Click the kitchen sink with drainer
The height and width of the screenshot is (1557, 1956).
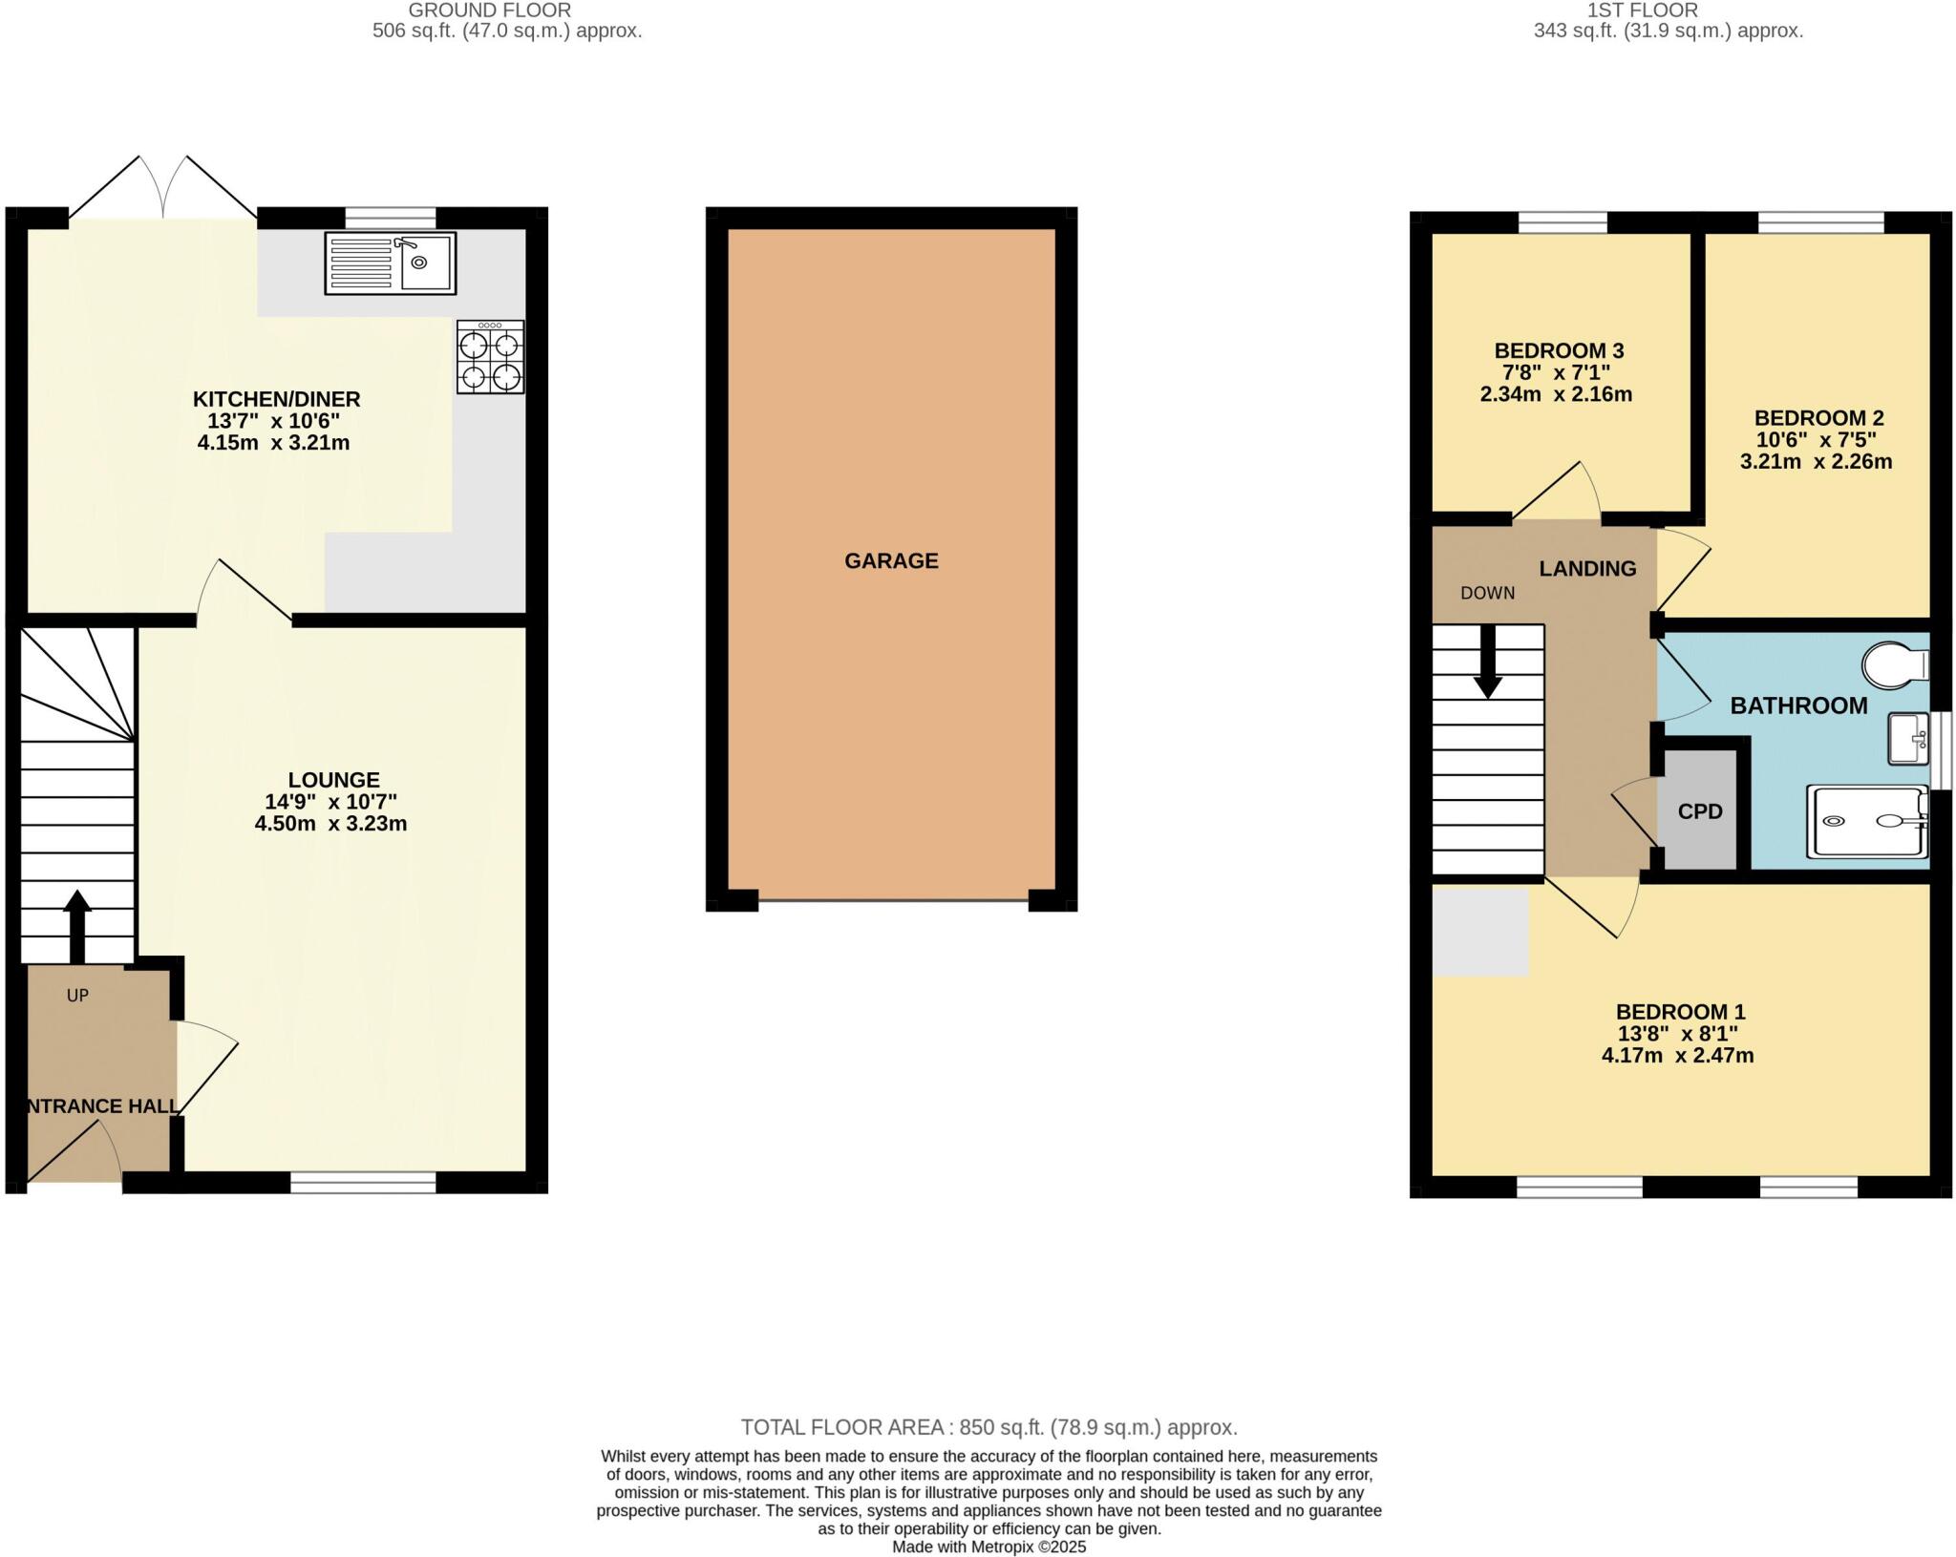[390, 263]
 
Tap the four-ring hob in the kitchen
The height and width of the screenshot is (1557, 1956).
[490, 357]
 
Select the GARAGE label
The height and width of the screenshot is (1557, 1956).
[891, 560]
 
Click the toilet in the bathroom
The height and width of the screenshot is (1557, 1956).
[1895, 664]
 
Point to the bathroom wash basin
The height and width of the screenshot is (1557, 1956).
[1907, 739]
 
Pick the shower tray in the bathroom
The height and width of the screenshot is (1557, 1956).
[1866, 821]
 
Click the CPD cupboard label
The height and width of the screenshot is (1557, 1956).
[1700, 811]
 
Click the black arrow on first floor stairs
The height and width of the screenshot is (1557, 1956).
[1487, 662]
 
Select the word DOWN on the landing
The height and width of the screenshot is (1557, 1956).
[1487, 593]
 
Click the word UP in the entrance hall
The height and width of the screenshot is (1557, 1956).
[77, 996]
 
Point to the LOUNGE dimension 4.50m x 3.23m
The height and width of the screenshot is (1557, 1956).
[330, 824]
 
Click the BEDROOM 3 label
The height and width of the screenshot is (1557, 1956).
[1559, 350]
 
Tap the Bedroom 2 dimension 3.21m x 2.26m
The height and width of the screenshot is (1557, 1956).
[1816, 462]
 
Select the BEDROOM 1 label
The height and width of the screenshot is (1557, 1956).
[1680, 1011]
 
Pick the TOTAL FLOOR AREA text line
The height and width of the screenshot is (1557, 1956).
[989, 1427]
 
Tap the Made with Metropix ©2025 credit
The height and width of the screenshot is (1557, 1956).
[989, 1546]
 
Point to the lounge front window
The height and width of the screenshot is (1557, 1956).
[363, 1184]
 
